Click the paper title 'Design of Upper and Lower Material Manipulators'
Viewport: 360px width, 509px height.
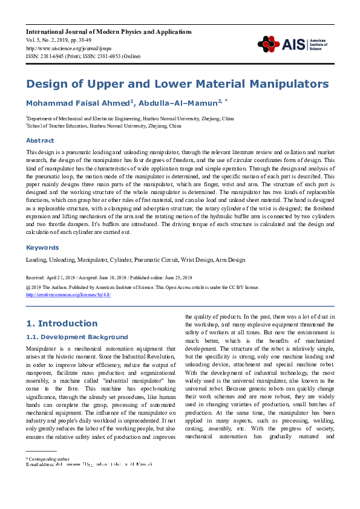[x=177, y=83]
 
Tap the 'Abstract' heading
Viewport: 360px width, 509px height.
[x=39, y=140]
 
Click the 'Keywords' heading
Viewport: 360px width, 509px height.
[x=42, y=247]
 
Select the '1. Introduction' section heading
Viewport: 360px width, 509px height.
[x=62, y=323]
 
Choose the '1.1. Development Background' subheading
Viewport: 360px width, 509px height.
[x=77, y=337]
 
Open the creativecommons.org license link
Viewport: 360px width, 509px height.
[x=68, y=294]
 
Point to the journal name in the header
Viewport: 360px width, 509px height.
[x=109, y=31]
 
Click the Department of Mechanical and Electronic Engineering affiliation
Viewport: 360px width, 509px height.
[x=130, y=118]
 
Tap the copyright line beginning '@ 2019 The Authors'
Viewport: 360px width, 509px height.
[x=143, y=288]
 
